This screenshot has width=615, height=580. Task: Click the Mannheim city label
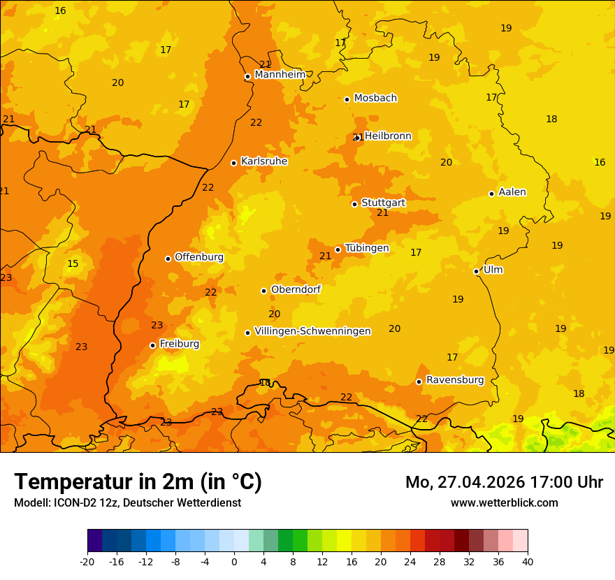(x=280, y=75)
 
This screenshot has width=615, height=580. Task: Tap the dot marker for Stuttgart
(x=354, y=204)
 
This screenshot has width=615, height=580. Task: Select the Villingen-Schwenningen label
(x=312, y=331)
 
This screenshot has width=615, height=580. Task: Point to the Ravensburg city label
(x=455, y=380)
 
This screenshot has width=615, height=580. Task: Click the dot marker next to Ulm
(x=476, y=271)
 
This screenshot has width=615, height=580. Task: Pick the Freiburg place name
(x=179, y=344)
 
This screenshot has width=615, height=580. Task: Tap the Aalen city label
(x=512, y=192)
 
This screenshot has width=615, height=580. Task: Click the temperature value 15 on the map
(x=73, y=263)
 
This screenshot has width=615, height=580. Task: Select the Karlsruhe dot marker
(x=233, y=163)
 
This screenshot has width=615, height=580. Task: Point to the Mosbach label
(x=375, y=99)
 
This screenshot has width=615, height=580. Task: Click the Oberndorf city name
(x=296, y=289)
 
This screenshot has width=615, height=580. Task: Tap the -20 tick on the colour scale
(x=87, y=562)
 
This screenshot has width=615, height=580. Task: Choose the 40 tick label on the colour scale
(x=528, y=562)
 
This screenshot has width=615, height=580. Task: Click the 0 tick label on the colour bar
(x=234, y=562)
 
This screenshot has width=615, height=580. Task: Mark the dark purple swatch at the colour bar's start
(x=94, y=541)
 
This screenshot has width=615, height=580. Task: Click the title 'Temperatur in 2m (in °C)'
(x=138, y=482)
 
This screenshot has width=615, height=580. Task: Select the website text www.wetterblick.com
(x=504, y=503)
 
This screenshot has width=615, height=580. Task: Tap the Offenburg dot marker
(x=168, y=259)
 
